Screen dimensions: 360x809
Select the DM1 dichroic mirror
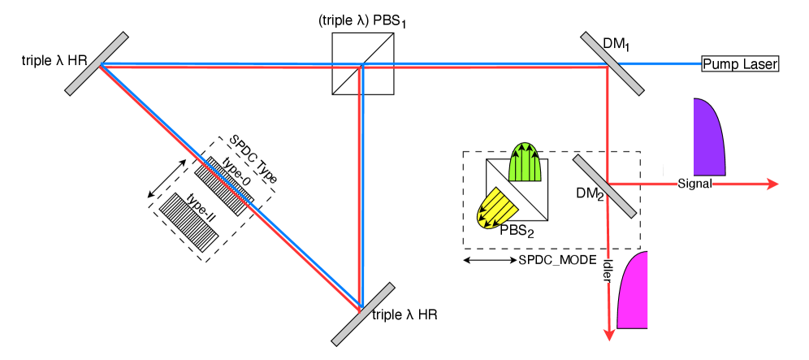click(612, 64)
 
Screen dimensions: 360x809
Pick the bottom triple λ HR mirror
click(363, 314)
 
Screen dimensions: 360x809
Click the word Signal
click(694, 184)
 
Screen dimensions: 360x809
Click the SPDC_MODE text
click(557, 261)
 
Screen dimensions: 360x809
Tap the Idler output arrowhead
click(608, 334)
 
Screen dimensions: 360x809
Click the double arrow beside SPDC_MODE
click(488, 261)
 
